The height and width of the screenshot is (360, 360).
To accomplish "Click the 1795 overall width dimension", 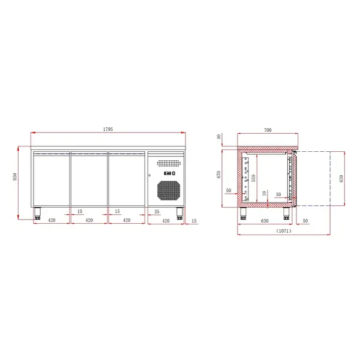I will point(109,130).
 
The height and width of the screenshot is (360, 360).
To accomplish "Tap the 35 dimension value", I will point(156,212).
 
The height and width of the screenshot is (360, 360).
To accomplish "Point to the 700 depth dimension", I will point(268,130).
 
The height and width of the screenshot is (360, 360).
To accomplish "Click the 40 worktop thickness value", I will point(220,137).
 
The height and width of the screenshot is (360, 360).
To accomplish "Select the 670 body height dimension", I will point(220,175).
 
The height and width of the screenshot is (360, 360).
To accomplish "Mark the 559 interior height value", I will point(253,178).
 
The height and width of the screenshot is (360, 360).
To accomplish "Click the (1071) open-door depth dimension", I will point(283,230).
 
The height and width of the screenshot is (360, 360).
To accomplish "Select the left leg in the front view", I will point(37,212).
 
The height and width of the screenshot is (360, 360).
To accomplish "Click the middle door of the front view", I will point(89,178).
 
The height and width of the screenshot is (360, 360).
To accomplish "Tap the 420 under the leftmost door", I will point(52,220).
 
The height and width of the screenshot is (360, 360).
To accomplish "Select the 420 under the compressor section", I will point(165,220).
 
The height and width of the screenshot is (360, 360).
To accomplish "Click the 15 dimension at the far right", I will point(193,221).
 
